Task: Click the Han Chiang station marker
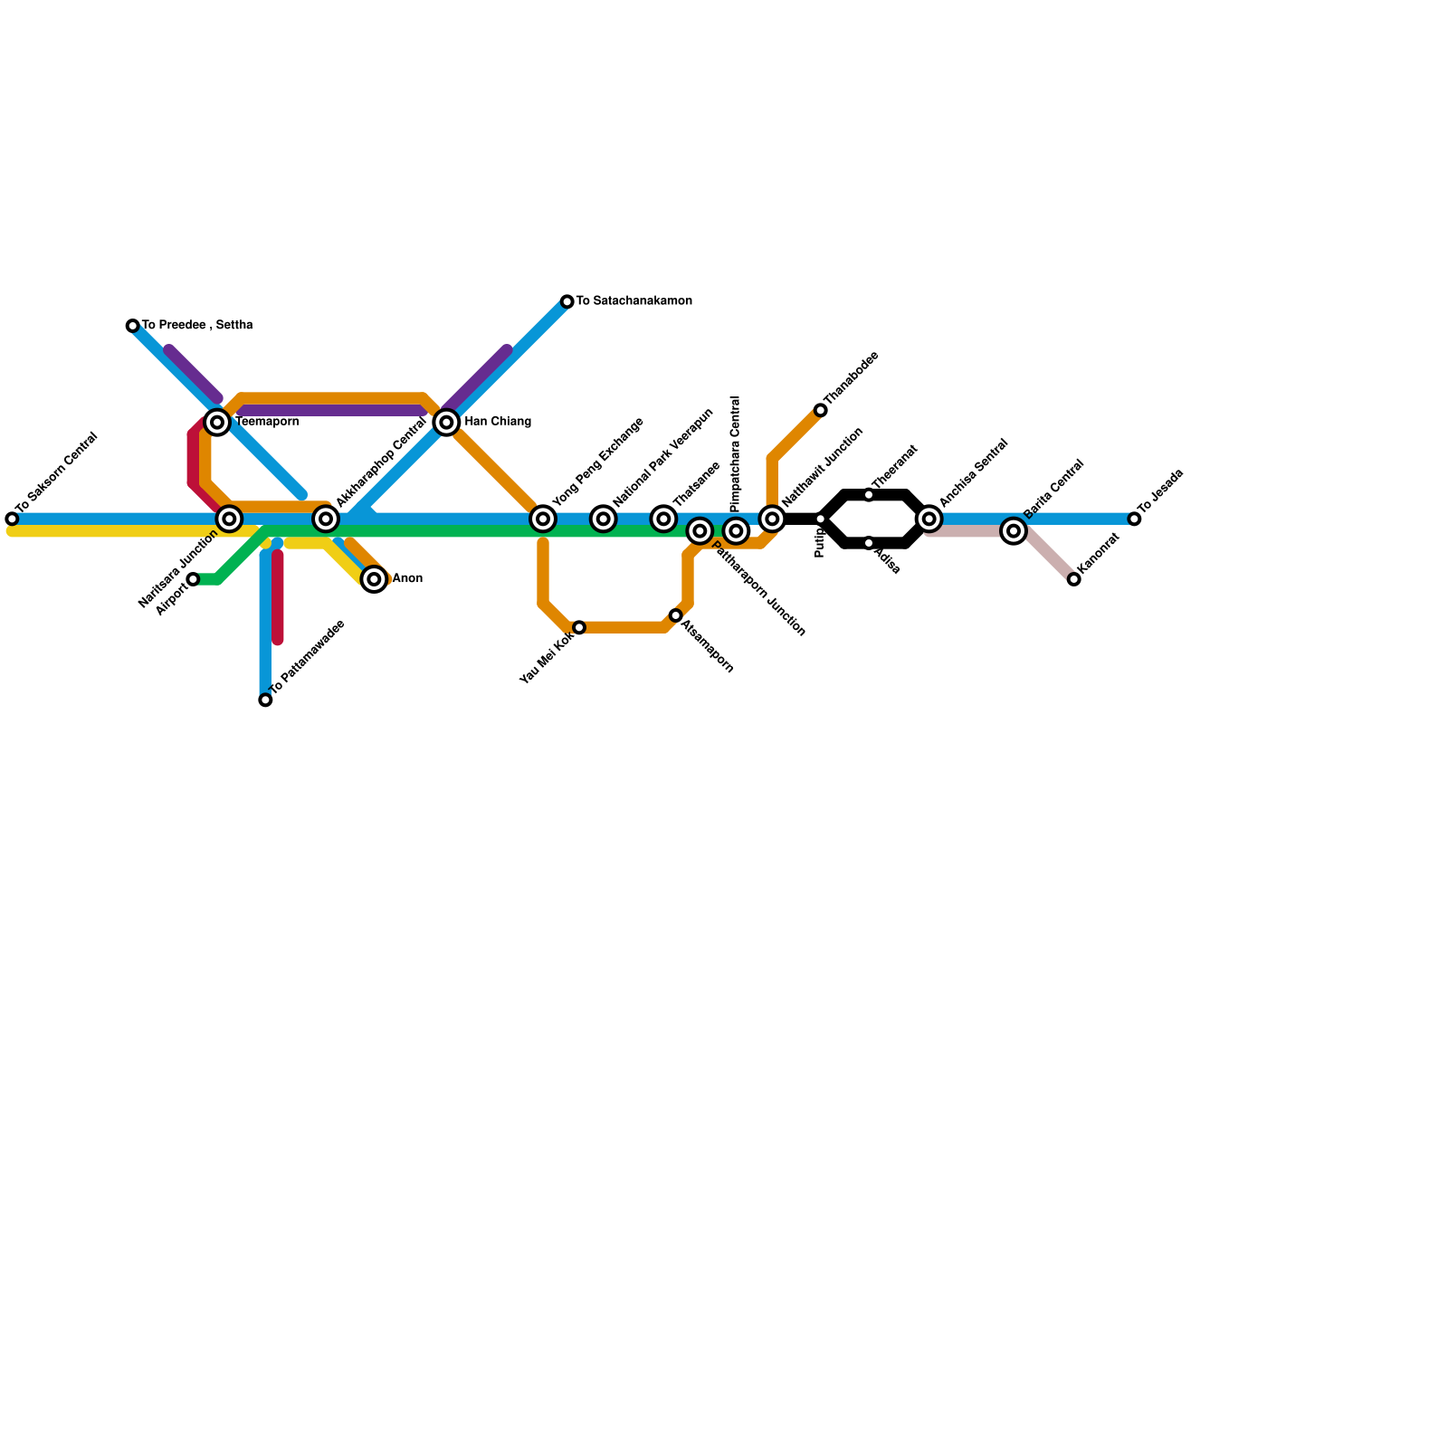tap(446, 422)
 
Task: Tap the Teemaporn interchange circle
tap(217, 422)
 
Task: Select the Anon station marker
tap(374, 579)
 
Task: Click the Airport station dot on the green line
tap(193, 579)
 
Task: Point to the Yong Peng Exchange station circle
tap(543, 519)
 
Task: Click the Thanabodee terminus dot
tap(821, 411)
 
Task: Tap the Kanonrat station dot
tap(1073, 579)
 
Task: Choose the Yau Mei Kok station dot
tap(579, 627)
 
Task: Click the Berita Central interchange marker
tap(1014, 530)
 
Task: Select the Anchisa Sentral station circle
tap(929, 519)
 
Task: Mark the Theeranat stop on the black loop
tap(869, 495)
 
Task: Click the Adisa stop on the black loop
tap(869, 543)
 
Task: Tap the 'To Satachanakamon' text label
tap(633, 300)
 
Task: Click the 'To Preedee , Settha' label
tap(197, 325)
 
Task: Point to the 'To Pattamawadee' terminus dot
tap(265, 700)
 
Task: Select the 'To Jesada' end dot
tap(1134, 519)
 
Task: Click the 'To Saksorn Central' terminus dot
tap(12, 519)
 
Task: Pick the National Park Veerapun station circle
tap(604, 519)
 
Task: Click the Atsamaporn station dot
tap(676, 615)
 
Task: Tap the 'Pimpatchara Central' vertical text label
tap(735, 453)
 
